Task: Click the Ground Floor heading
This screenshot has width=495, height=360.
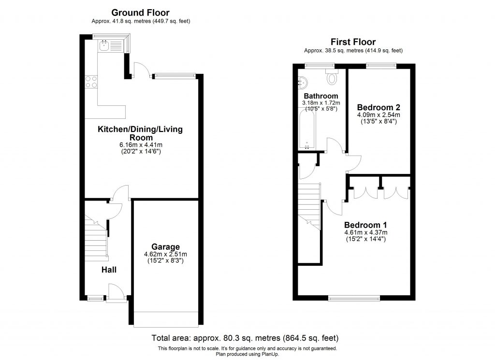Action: click(140, 13)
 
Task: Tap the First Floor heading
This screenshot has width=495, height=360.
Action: click(353, 42)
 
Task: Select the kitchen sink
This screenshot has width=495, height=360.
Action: click(104, 46)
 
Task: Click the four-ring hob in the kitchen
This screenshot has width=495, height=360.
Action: click(91, 82)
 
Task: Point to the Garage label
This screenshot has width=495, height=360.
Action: click(165, 246)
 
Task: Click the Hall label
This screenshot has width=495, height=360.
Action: click(109, 270)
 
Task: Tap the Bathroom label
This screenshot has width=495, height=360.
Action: click(320, 96)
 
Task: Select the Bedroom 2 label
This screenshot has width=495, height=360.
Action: click(378, 107)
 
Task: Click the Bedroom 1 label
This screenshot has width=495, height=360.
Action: click(365, 225)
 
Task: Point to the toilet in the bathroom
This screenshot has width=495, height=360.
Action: click(332, 77)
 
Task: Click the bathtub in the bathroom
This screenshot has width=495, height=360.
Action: click(307, 129)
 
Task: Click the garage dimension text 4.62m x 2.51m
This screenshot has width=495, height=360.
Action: click(165, 255)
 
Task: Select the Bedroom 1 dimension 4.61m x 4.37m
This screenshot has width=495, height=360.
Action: click(365, 232)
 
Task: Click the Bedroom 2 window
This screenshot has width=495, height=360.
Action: click(381, 65)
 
